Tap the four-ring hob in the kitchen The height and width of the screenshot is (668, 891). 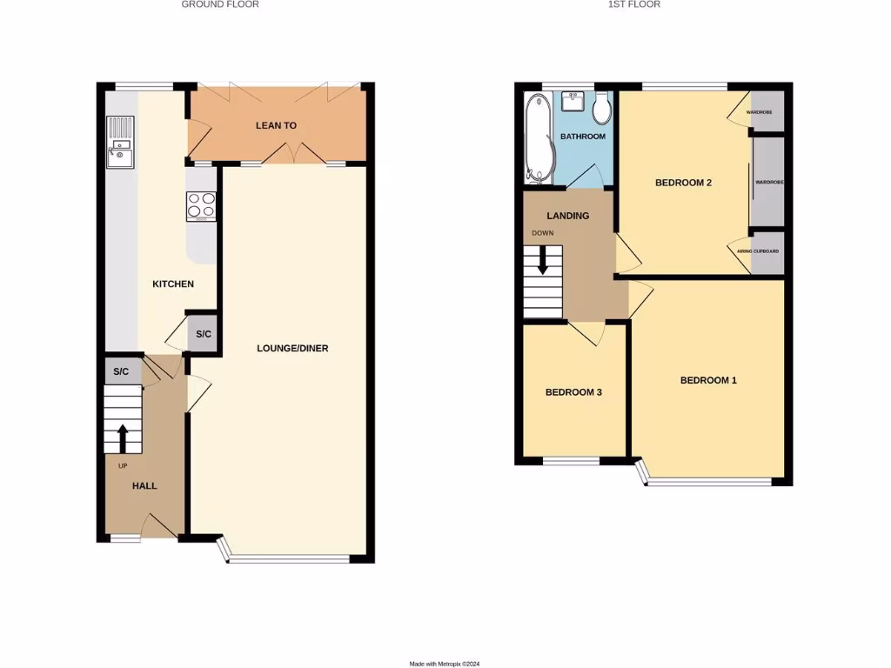(201, 206)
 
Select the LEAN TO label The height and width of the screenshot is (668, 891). (276, 125)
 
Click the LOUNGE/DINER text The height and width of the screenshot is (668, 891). (292, 348)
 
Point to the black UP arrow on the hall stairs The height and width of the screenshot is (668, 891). (123, 438)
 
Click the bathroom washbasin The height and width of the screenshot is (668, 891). (573, 104)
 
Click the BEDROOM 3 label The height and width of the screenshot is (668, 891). (573, 392)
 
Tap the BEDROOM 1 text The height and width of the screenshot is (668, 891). (708, 380)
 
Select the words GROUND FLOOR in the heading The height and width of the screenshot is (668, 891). (220, 4)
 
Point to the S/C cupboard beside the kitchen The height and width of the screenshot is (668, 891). (202, 334)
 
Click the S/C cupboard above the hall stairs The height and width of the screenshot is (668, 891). (121, 371)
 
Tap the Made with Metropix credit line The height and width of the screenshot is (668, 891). (445, 664)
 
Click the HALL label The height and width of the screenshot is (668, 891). (144, 485)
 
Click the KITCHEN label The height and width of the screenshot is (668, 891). (172, 284)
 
